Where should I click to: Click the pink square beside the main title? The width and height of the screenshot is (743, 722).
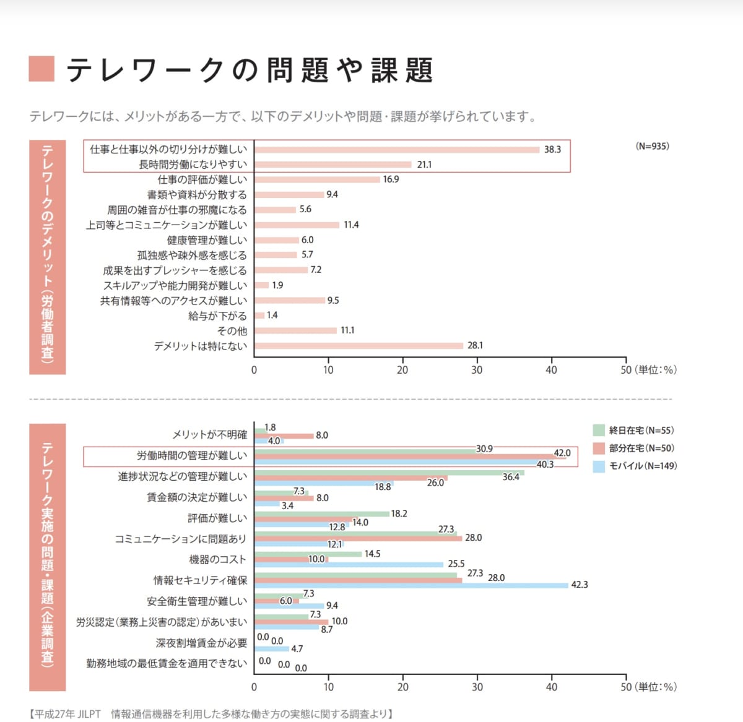coord(41,69)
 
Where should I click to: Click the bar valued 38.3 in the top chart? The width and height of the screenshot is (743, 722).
coord(396,150)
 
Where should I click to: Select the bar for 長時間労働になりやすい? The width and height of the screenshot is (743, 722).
coord(332,165)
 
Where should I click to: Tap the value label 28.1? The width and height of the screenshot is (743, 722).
coord(475,346)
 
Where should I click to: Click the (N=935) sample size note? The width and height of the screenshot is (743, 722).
coord(652,147)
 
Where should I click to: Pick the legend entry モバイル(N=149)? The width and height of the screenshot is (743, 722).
coord(635,466)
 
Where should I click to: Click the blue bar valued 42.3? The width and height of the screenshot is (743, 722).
coord(411,585)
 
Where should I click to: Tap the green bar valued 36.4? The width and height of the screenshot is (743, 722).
coord(389,473)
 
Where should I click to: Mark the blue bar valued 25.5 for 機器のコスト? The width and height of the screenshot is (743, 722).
coord(349,564)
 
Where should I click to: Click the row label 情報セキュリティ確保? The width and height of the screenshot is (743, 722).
coord(200,580)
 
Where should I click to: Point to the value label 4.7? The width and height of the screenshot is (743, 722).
coord(297,649)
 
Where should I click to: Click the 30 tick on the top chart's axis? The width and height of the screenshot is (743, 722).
coord(477,370)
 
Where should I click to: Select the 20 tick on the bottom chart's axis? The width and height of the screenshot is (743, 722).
coord(403,687)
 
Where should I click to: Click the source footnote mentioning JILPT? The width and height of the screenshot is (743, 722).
coord(211,714)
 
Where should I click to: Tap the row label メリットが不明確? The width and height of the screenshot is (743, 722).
coord(209,435)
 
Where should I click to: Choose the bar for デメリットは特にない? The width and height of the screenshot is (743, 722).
coord(358,346)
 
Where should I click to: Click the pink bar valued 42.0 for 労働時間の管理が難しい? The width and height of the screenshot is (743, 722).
coord(409,457)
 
